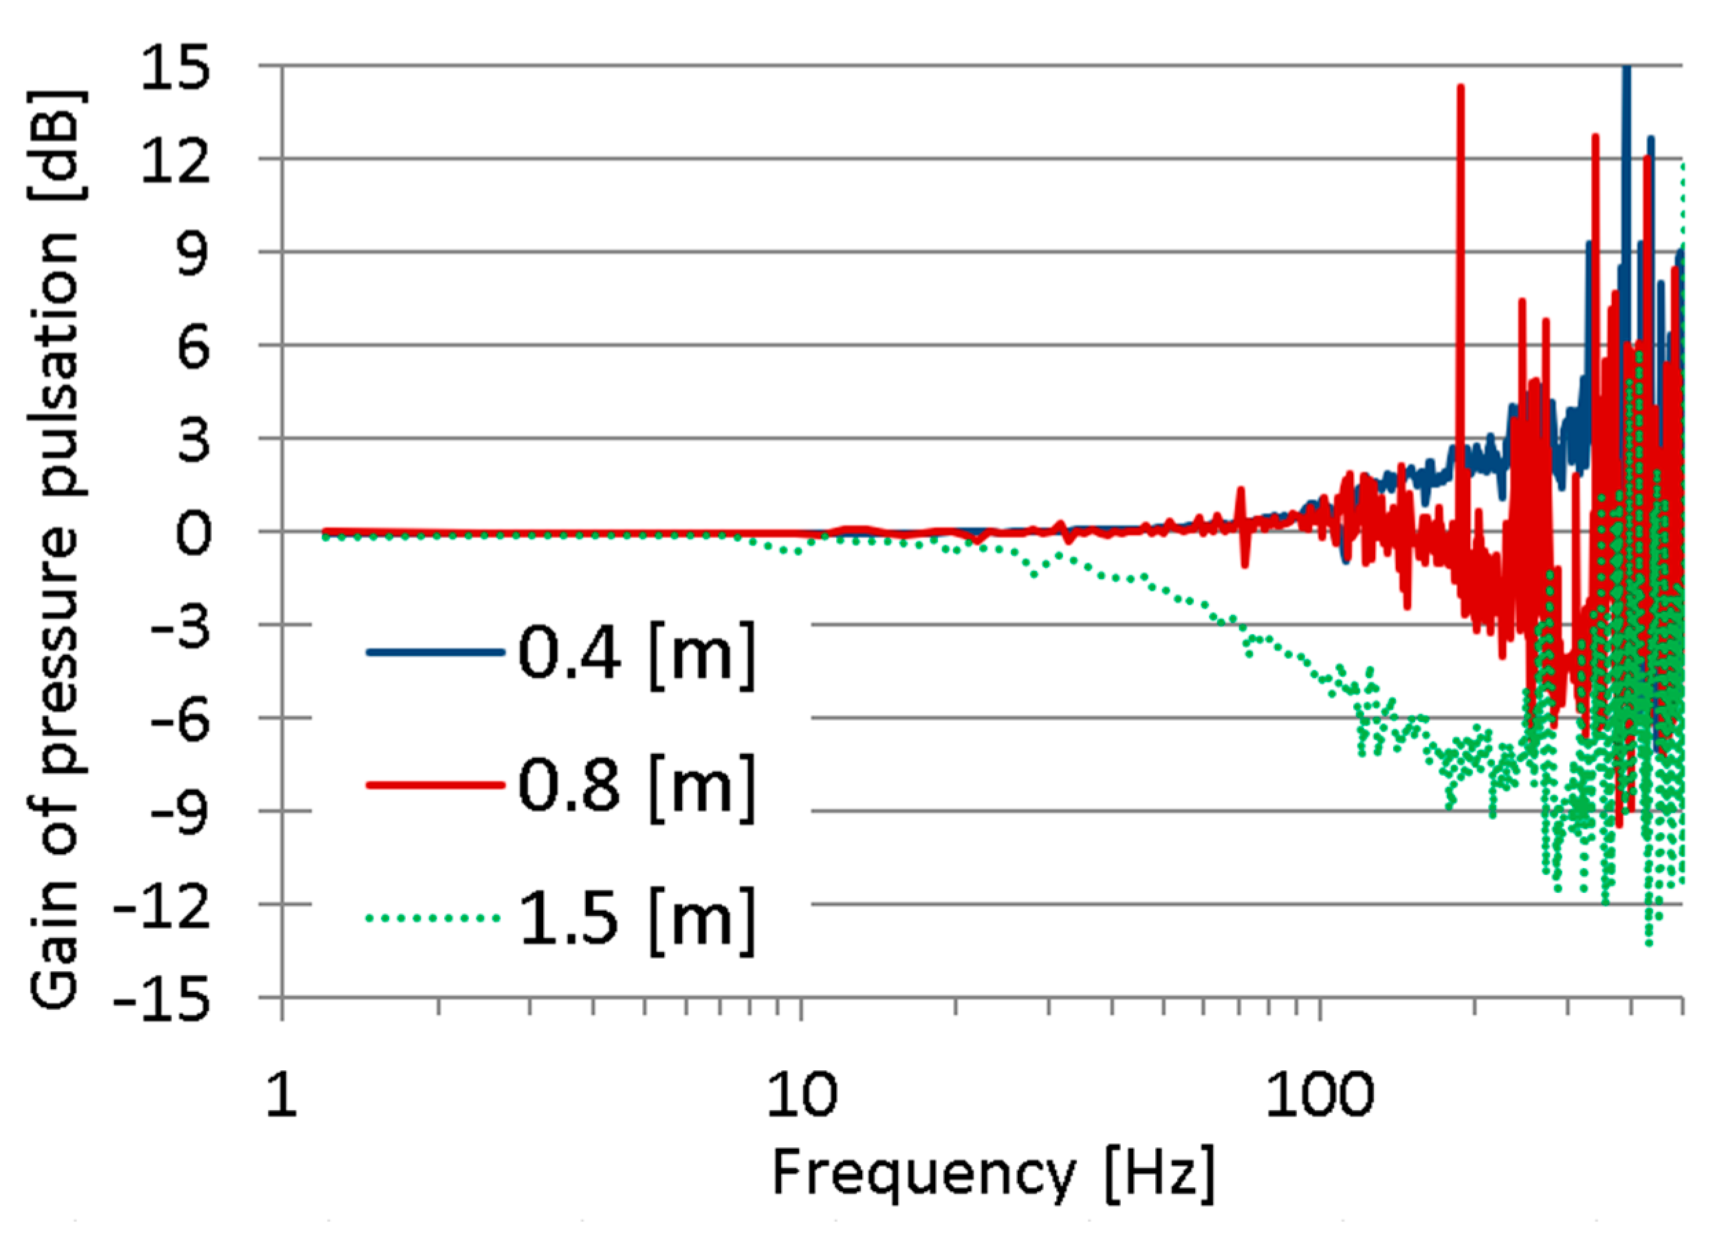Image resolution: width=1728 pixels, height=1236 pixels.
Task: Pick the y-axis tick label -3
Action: (x=179, y=626)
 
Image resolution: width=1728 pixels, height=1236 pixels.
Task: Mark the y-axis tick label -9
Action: (x=179, y=812)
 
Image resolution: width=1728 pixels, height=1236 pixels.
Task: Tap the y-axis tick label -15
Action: (x=162, y=998)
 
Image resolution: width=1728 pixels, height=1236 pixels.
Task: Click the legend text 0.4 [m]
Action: (x=636, y=653)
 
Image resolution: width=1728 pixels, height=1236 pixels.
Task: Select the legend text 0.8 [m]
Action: (x=636, y=786)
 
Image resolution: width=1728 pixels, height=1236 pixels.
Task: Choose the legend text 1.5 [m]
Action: (x=636, y=919)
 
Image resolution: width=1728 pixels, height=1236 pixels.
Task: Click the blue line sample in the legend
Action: (x=435, y=652)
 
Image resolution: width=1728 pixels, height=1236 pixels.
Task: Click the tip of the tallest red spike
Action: (x=1460, y=87)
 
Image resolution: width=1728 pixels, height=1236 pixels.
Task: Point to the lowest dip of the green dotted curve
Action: (x=1649, y=944)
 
